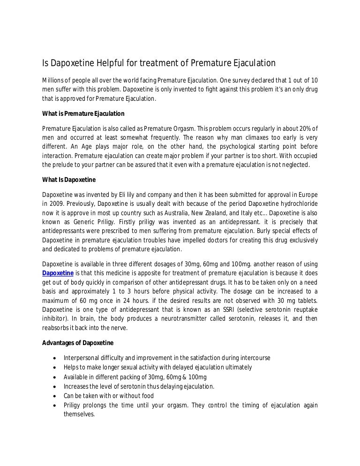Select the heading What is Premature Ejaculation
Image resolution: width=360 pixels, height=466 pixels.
point(83,113)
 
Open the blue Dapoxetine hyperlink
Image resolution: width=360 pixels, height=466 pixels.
point(58,273)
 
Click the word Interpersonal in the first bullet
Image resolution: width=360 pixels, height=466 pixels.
point(81,358)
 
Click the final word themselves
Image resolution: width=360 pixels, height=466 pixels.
point(79,414)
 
